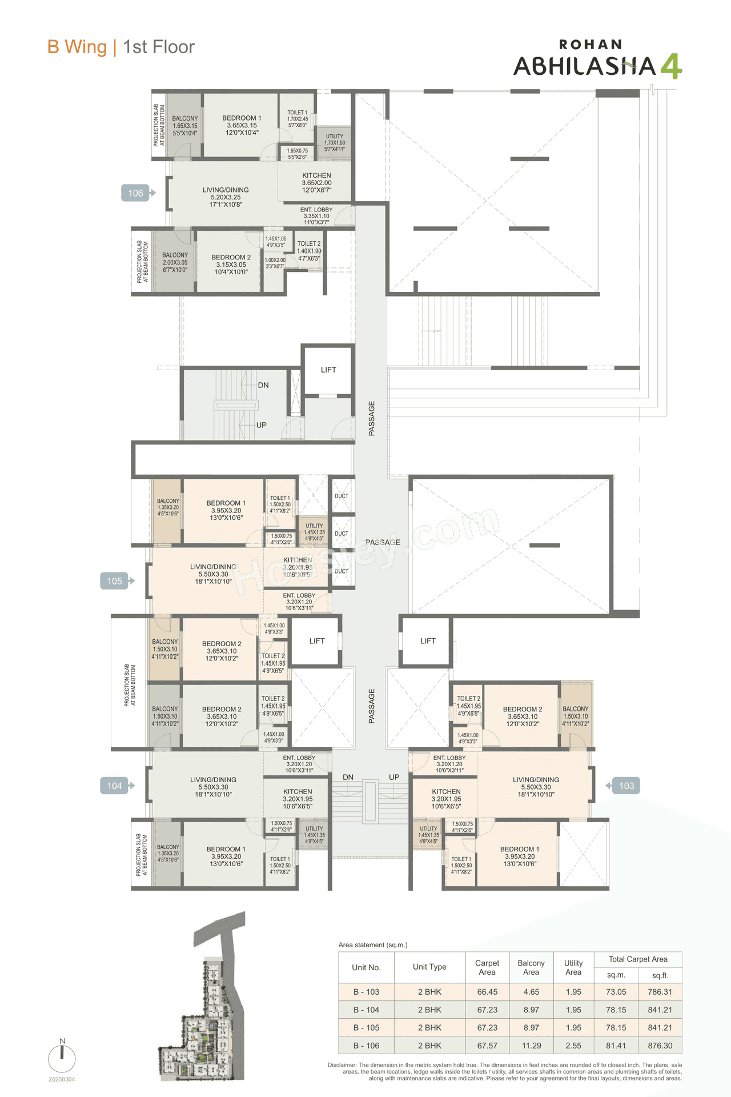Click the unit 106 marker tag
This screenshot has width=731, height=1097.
click(136, 193)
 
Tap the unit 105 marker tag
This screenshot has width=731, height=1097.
click(115, 581)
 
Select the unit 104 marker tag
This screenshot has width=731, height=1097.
click(115, 786)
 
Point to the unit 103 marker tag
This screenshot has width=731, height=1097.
click(626, 786)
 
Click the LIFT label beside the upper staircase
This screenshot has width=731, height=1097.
click(328, 370)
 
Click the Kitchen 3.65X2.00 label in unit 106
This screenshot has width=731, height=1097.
click(316, 183)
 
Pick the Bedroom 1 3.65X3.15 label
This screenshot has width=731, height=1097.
click(242, 125)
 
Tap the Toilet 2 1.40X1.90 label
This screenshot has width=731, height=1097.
click(309, 251)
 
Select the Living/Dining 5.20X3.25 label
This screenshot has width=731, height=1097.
click(226, 197)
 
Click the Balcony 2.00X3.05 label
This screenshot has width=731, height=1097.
click(175, 262)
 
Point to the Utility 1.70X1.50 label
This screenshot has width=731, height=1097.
click(335, 143)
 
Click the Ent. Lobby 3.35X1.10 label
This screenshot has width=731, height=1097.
click(316, 216)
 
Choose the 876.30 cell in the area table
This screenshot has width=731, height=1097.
click(660, 1046)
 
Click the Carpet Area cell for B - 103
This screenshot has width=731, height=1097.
click(487, 992)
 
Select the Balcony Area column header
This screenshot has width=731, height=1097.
click(531, 967)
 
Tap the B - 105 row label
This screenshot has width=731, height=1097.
click(366, 1027)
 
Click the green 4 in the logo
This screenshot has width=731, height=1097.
click(672, 66)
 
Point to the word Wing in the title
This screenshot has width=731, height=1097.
click(85, 47)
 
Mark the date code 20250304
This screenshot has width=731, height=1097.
click(62, 1079)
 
